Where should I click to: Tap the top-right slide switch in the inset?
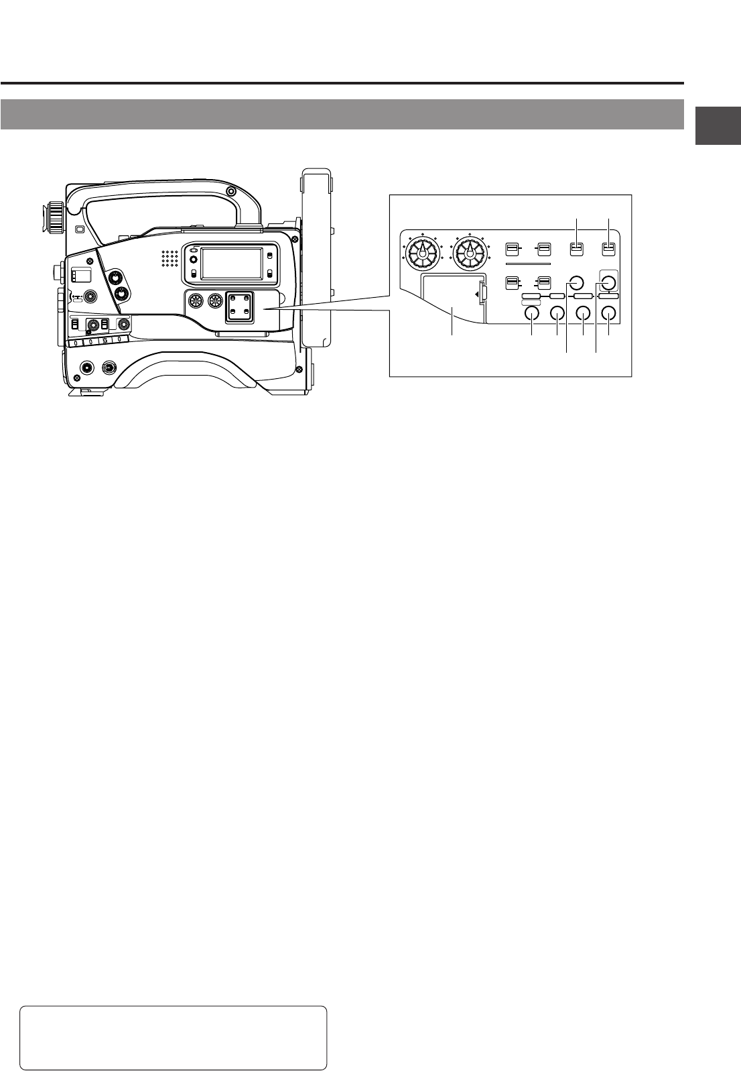(608, 249)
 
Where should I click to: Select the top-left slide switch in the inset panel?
(511, 249)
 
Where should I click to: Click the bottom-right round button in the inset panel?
(608, 313)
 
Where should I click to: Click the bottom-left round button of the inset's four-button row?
(532, 313)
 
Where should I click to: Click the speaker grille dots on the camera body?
(169, 260)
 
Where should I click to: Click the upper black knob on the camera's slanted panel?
(115, 278)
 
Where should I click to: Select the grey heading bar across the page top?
(342, 114)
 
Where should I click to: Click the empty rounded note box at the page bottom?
(174, 1037)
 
